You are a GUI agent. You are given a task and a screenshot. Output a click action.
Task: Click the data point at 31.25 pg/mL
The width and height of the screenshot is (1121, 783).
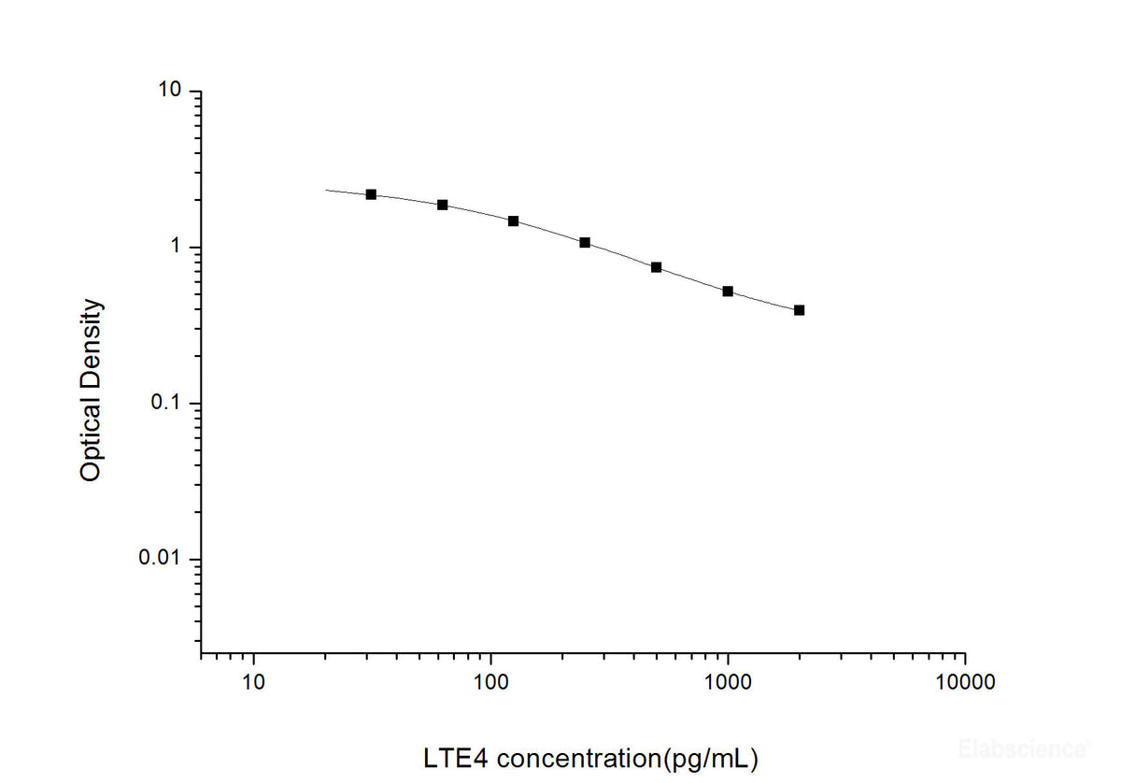pos(371,194)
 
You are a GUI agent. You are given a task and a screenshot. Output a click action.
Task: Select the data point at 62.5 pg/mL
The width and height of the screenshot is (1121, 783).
pos(443,205)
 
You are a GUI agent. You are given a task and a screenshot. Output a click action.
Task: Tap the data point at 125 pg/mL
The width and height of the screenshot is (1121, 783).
pos(513,221)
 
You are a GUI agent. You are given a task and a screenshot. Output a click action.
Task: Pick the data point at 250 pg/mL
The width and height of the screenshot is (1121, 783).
pos(585,243)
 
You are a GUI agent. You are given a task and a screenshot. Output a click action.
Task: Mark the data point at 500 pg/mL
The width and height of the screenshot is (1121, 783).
pos(656,267)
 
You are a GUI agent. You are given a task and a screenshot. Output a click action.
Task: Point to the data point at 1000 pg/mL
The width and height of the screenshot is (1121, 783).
pos(728,292)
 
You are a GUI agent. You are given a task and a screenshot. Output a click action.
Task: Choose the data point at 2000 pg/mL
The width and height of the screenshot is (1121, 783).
pos(799,310)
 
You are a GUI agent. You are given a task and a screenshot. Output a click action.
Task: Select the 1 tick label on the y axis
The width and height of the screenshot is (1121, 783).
pos(174,248)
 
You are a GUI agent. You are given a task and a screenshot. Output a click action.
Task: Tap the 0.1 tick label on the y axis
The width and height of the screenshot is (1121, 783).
pos(165,404)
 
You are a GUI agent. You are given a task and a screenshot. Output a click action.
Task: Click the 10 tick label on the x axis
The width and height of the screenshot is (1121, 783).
pos(253,683)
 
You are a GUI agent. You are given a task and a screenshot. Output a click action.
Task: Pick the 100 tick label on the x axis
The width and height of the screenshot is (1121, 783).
pos(490,683)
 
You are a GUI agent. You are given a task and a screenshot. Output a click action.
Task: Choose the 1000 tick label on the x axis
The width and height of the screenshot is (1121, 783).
pos(728,683)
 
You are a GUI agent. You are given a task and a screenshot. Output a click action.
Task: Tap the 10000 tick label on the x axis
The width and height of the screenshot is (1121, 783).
pos(965,683)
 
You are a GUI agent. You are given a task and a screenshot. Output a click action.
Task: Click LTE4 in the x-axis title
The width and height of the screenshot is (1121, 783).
pos(453,758)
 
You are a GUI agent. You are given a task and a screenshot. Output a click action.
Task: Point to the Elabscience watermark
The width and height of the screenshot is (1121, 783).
pos(1024,747)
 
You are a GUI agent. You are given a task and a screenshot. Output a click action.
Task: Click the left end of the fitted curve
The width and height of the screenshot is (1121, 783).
pos(326,190)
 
